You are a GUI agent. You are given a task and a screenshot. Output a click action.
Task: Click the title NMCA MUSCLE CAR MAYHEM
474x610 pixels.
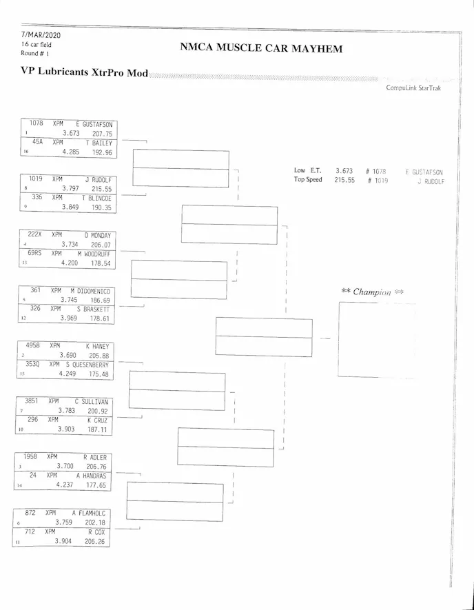[x=261, y=48]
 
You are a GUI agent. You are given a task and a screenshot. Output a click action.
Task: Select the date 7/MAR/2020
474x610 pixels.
[x=41, y=34]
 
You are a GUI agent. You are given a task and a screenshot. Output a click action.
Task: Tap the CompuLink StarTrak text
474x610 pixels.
[x=413, y=88]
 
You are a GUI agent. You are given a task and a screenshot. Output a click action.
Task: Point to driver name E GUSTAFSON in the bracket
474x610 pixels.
[x=94, y=125]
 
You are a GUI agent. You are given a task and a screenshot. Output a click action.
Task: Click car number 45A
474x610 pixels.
[x=38, y=142]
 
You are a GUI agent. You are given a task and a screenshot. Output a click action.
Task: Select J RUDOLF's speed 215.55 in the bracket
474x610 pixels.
[x=101, y=188]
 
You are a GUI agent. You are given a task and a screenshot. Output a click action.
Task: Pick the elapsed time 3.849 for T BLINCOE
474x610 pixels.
[x=70, y=207]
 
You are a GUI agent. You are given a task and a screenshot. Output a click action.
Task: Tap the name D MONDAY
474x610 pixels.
[x=97, y=235]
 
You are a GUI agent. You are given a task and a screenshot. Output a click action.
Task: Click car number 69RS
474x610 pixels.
[x=35, y=253]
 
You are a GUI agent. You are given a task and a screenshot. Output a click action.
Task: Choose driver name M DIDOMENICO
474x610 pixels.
[x=90, y=291]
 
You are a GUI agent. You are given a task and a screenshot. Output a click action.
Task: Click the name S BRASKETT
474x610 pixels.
[x=93, y=309]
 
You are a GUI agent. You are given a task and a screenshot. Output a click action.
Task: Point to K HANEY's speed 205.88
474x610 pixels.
[x=99, y=355]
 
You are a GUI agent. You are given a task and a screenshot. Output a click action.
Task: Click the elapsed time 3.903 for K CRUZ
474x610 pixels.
[x=66, y=428]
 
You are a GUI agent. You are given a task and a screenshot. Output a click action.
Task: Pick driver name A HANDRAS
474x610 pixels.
[x=92, y=476]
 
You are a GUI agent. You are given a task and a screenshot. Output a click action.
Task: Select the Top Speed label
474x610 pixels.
[x=308, y=180]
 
